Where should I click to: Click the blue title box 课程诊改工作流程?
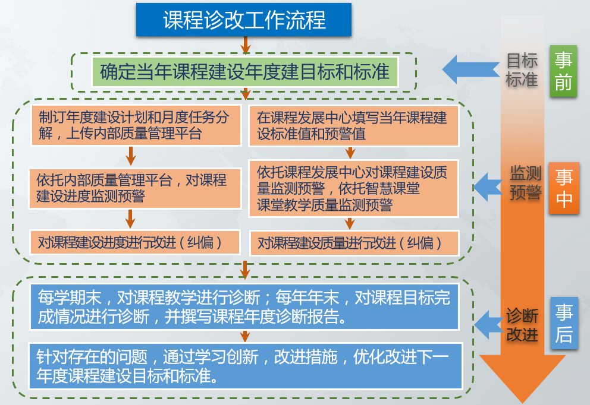[x=244, y=20]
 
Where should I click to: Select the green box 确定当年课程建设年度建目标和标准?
[x=245, y=72]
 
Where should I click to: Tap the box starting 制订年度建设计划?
[x=136, y=125]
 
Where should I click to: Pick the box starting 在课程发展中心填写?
[x=354, y=126]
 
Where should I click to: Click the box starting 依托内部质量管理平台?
[x=135, y=188]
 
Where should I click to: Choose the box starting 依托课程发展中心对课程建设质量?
[x=353, y=189]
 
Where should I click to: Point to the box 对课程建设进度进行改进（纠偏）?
[x=134, y=242]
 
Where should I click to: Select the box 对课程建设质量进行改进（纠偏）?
[x=354, y=243]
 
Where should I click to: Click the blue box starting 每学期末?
[x=244, y=307]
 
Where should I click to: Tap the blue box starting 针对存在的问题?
[x=246, y=366]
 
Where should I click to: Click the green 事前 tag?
[x=563, y=71]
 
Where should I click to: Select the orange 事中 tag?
[x=564, y=188]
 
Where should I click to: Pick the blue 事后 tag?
[x=564, y=323]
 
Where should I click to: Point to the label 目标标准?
[x=522, y=70]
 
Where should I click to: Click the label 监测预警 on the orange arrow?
[x=526, y=183]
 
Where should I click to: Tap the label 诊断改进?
[x=522, y=325]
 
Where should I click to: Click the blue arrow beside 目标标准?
[x=470, y=69]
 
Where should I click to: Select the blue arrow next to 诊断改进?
[x=488, y=325]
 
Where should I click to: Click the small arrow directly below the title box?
[x=245, y=45]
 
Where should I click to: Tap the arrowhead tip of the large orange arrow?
[x=522, y=403]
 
